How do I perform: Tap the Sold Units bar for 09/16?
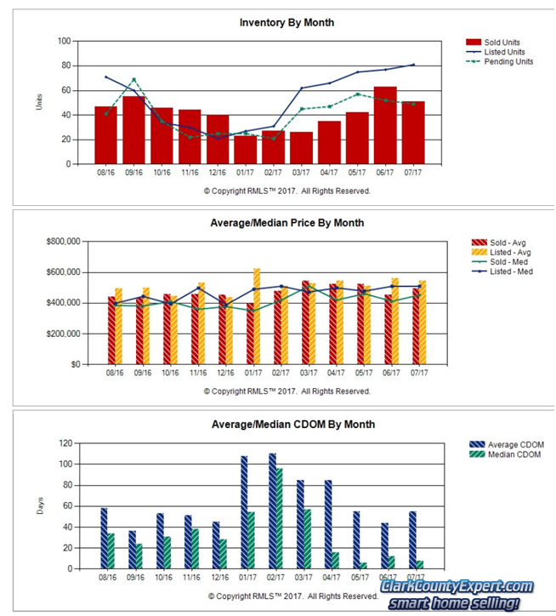coord(133,129)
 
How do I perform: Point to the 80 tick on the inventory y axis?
coord(65,66)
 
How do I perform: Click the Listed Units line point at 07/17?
coord(413,65)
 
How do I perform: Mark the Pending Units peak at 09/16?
coord(133,79)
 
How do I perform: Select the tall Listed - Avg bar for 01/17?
coord(256,316)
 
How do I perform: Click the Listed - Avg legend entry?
coord(508,252)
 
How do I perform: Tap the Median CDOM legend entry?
coord(513,455)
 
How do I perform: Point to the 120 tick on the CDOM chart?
coord(63,443)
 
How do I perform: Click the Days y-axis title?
coord(39,506)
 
